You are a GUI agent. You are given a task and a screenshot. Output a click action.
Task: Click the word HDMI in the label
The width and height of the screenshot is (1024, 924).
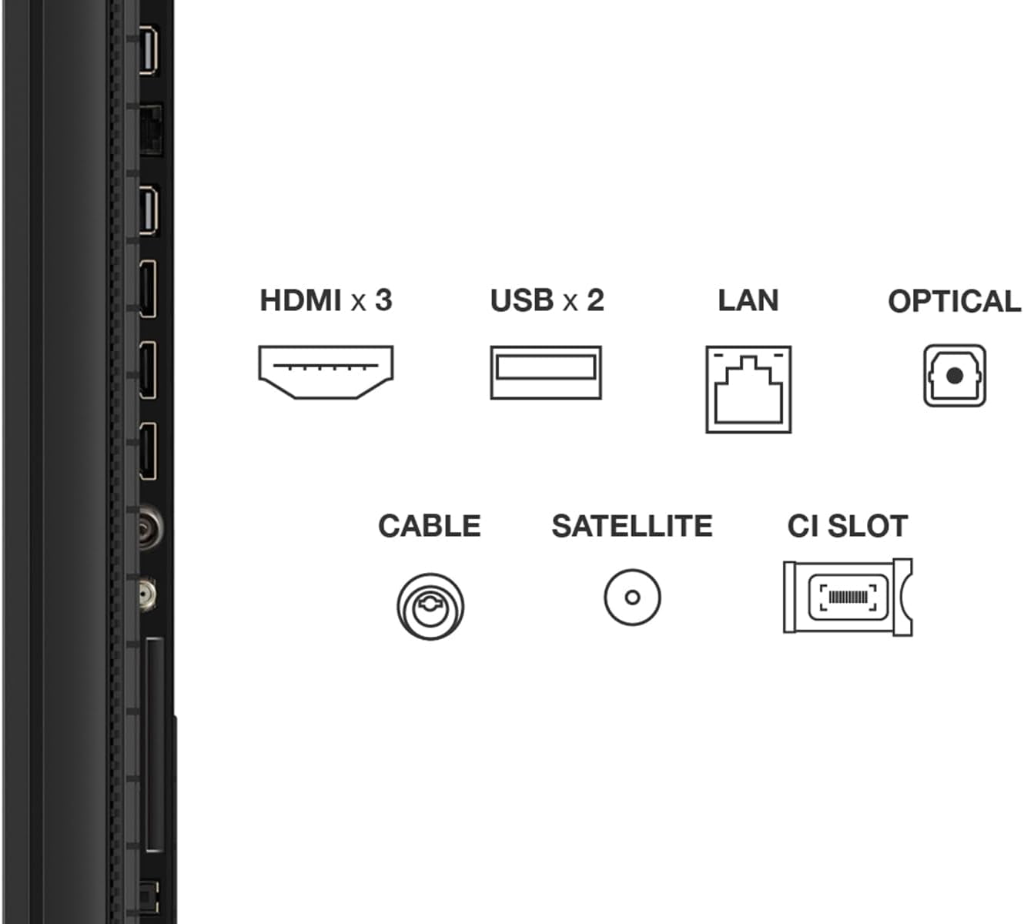[x=300, y=300]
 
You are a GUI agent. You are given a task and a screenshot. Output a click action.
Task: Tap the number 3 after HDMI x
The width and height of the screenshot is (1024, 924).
[x=384, y=300]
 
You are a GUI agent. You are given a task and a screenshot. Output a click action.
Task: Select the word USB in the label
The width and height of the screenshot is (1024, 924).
[x=522, y=300]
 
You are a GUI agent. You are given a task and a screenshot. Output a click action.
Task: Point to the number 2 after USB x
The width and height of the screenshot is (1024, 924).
[x=595, y=300]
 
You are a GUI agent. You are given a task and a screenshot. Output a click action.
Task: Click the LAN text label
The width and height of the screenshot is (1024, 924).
[x=748, y=300]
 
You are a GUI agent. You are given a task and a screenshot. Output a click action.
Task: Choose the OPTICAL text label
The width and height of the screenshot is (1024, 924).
[x=955, y=301]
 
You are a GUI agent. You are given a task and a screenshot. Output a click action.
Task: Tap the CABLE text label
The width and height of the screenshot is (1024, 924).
[x=430, y=526]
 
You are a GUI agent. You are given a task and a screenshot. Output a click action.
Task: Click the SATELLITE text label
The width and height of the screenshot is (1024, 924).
[x=632, y=526]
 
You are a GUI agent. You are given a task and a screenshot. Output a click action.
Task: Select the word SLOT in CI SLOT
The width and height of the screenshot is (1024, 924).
[x=867, y=526]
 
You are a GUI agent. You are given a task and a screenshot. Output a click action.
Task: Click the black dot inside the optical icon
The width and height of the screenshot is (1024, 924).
[x=955, y=376]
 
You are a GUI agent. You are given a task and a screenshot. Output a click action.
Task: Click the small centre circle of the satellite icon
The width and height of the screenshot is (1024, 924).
[x=632, y=598]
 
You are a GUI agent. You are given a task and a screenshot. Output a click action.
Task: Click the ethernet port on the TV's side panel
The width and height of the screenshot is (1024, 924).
[x=151, y=130]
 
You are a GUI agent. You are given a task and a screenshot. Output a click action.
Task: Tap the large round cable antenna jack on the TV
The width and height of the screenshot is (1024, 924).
[x=151, y=527]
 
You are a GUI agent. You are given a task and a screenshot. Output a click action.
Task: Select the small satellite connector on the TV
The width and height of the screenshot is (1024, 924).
[x=148, y=594]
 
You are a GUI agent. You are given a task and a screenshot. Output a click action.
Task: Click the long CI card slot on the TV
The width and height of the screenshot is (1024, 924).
[x=156, y=745]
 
